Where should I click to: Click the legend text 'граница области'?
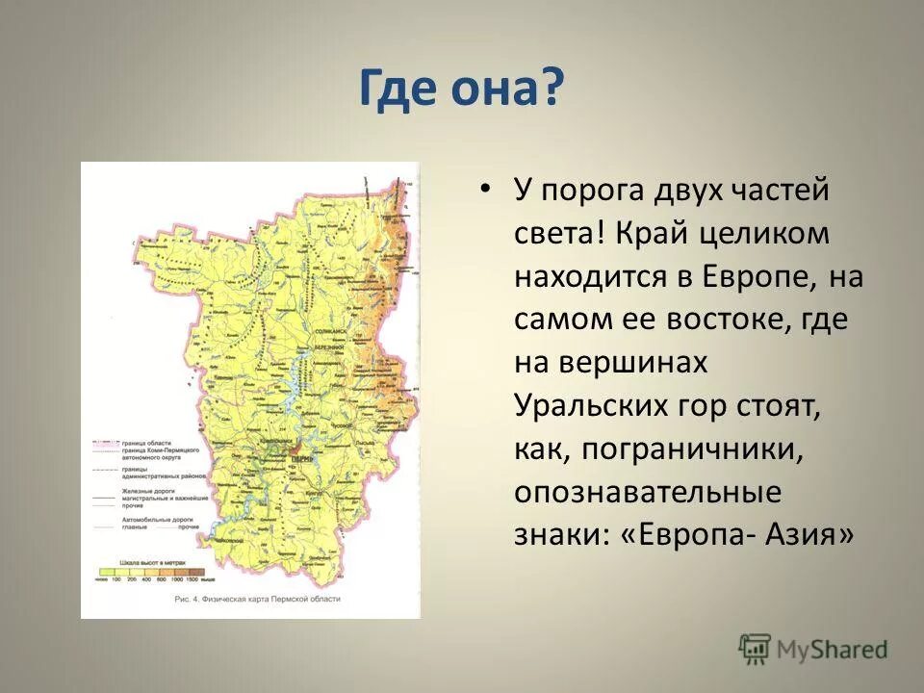point(146,442)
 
